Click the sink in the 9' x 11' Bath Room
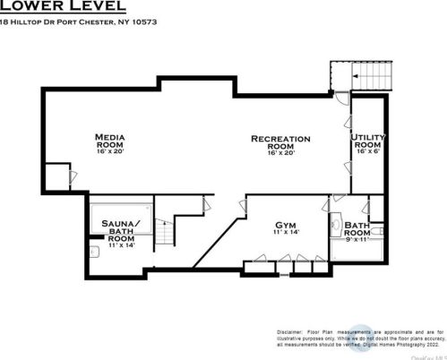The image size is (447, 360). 335,226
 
